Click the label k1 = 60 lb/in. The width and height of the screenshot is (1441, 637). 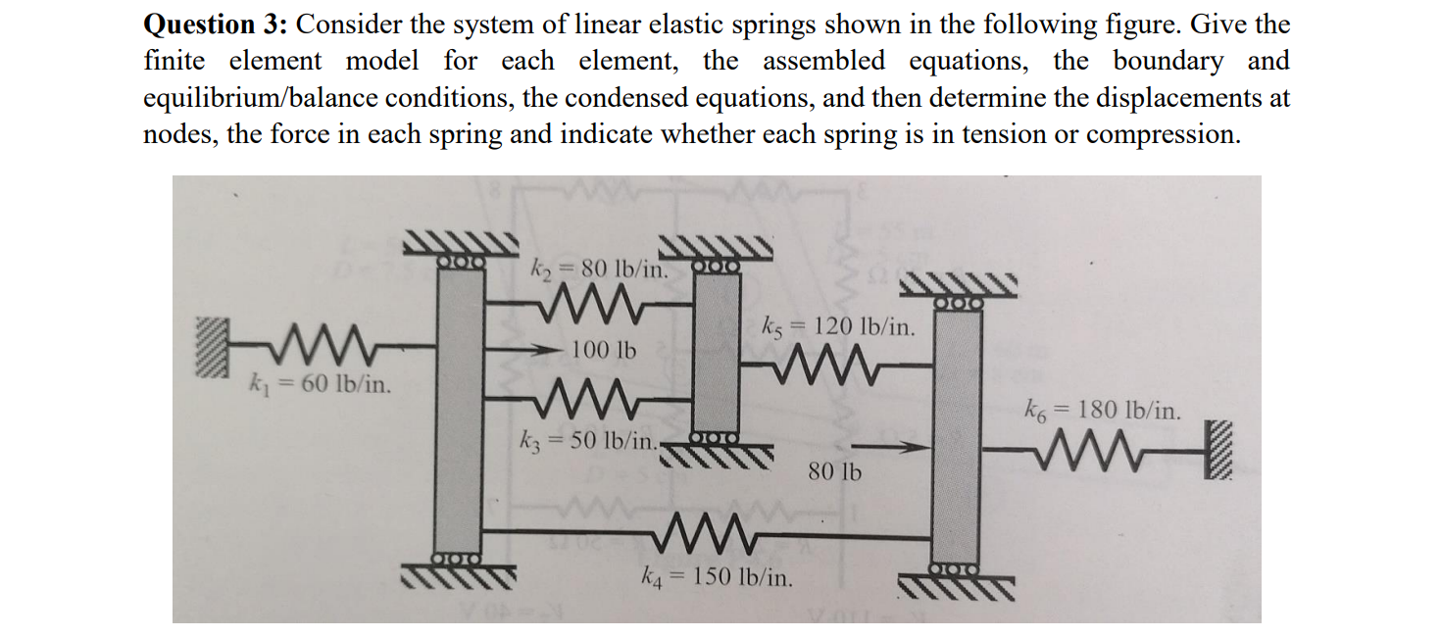pos(321,383)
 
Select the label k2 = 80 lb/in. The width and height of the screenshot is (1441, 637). pos(599,267)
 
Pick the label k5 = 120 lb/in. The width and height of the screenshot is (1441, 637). pos(839,326)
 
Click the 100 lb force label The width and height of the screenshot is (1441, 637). pos(603,349)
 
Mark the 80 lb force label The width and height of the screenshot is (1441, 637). pos(835,472)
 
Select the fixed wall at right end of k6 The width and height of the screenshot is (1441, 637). pos(1217,451)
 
